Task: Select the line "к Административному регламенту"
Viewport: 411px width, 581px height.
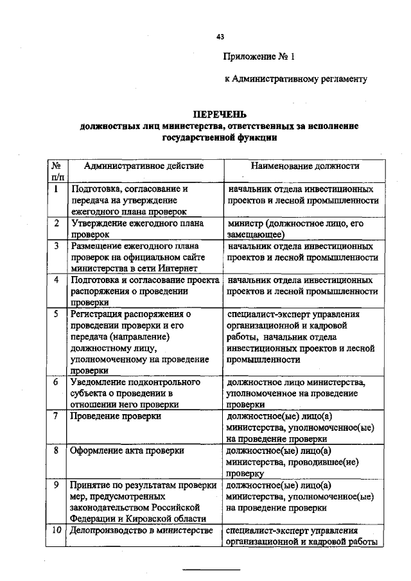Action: point(295,80)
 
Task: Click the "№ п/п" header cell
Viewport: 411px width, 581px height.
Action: point(57,171)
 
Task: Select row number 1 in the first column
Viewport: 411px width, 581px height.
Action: point(57,190)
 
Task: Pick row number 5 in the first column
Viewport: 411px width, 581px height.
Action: point(57,314)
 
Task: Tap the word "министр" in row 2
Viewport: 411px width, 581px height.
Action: point(245,223)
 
